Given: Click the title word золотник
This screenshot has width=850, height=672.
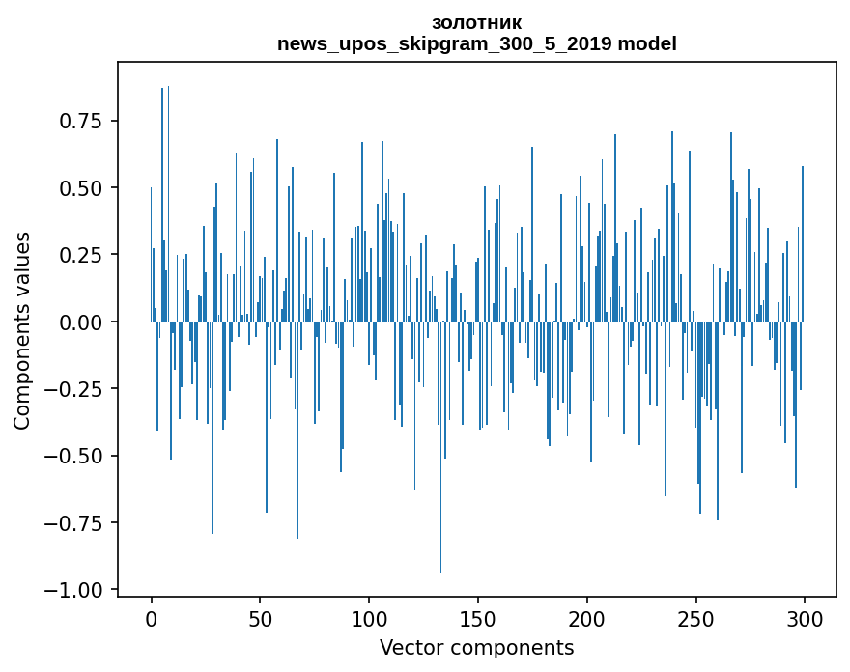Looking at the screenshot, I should pos(476,23).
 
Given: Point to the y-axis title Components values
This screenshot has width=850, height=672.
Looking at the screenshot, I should pos(22,330).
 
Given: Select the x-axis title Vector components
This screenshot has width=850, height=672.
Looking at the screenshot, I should pos(476,648).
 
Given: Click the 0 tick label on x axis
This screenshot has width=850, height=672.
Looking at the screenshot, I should pos(151,620).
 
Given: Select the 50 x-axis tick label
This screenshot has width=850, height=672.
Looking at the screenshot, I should pos(260,620).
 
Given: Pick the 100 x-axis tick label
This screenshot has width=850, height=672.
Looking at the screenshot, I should pos(369,620).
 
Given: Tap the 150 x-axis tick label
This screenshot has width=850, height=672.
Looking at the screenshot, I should pos(477,620).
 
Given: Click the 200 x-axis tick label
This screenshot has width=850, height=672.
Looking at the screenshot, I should pos(586,620).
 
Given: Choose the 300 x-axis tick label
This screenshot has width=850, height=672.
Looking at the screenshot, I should pos(804,620).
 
